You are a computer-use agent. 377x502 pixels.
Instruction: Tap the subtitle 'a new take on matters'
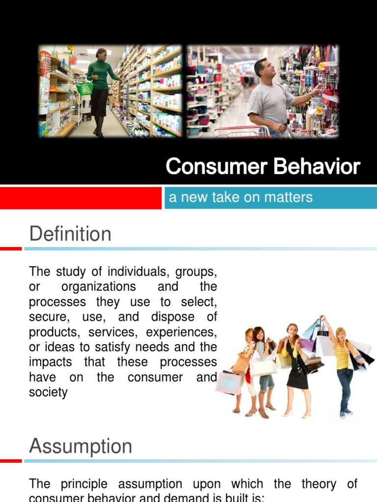[241, 198]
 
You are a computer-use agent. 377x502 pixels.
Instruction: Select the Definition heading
[70, 234]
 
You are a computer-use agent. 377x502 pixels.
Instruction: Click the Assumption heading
[81, 447]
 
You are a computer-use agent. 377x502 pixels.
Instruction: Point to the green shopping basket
[84, 89]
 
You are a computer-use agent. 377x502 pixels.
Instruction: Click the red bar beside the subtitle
[81, 198]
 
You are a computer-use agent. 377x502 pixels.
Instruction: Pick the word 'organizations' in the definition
[99, 286]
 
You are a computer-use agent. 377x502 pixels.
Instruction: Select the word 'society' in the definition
[48, 393]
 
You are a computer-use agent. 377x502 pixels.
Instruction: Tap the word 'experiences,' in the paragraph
[188, 332]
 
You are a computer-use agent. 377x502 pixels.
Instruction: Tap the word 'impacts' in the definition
[51, 362]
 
